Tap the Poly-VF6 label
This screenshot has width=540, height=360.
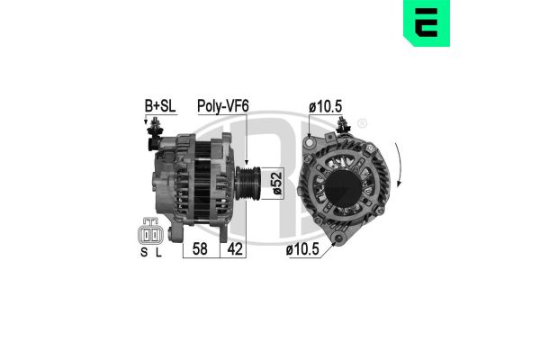pyautogui.click(x=223, y=106)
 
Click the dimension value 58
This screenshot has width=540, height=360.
pyautogui.click(x=200, y=248)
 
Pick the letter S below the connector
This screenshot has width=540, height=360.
pyautogui.click(x=142, y=255)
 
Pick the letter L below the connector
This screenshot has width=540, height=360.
pyautogui.click(x=160, y=255)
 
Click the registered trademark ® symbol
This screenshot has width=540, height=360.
pyautogui.click(x=362, y=123)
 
